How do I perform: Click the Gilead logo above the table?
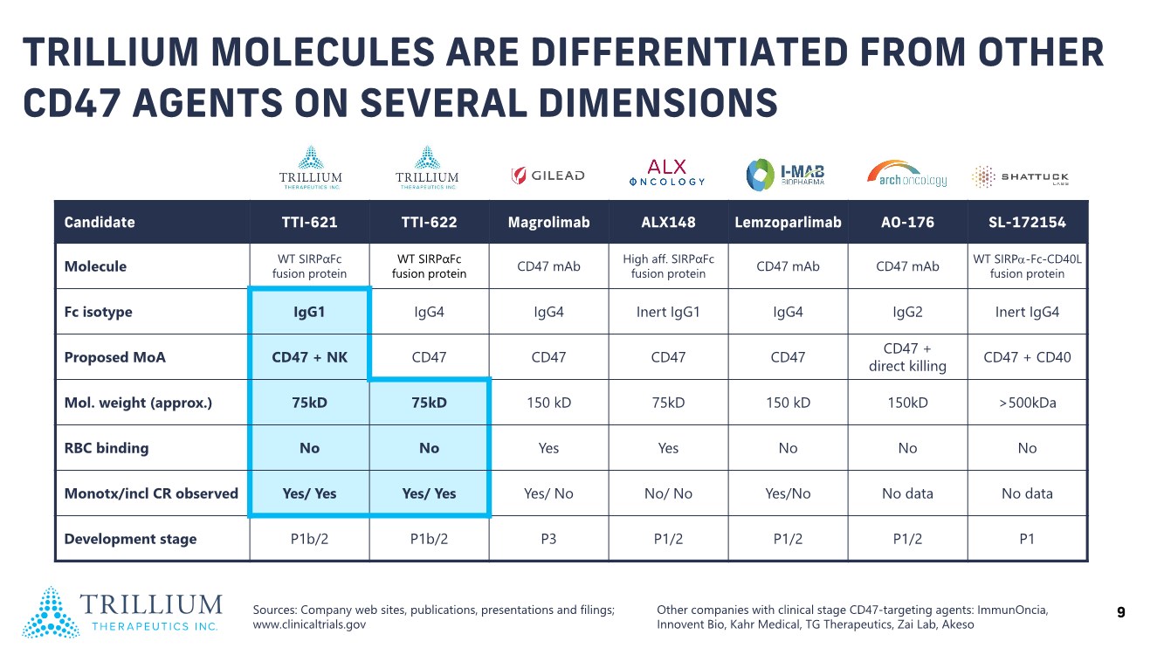(548, 176)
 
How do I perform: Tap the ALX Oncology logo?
(667, 173)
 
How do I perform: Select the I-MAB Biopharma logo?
(785, 174)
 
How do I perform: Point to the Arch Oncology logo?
(906, 174)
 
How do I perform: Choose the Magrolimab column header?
(548, 222)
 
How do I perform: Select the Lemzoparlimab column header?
(788, 222)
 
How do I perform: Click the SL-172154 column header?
(1027, 222)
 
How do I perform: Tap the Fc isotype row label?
(99, 312)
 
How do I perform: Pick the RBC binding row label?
(107, 448)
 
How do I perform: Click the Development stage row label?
(130, 539)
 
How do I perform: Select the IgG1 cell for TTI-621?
(309, 312)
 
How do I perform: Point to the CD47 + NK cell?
(309, 357)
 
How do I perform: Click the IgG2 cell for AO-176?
(907, 312)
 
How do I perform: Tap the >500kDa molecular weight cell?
(1027, 403)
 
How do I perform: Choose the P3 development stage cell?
(548, 539)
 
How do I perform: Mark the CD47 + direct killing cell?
(907, 357)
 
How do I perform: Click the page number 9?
(1121, 613)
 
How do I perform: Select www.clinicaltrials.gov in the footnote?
(309, 624)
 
